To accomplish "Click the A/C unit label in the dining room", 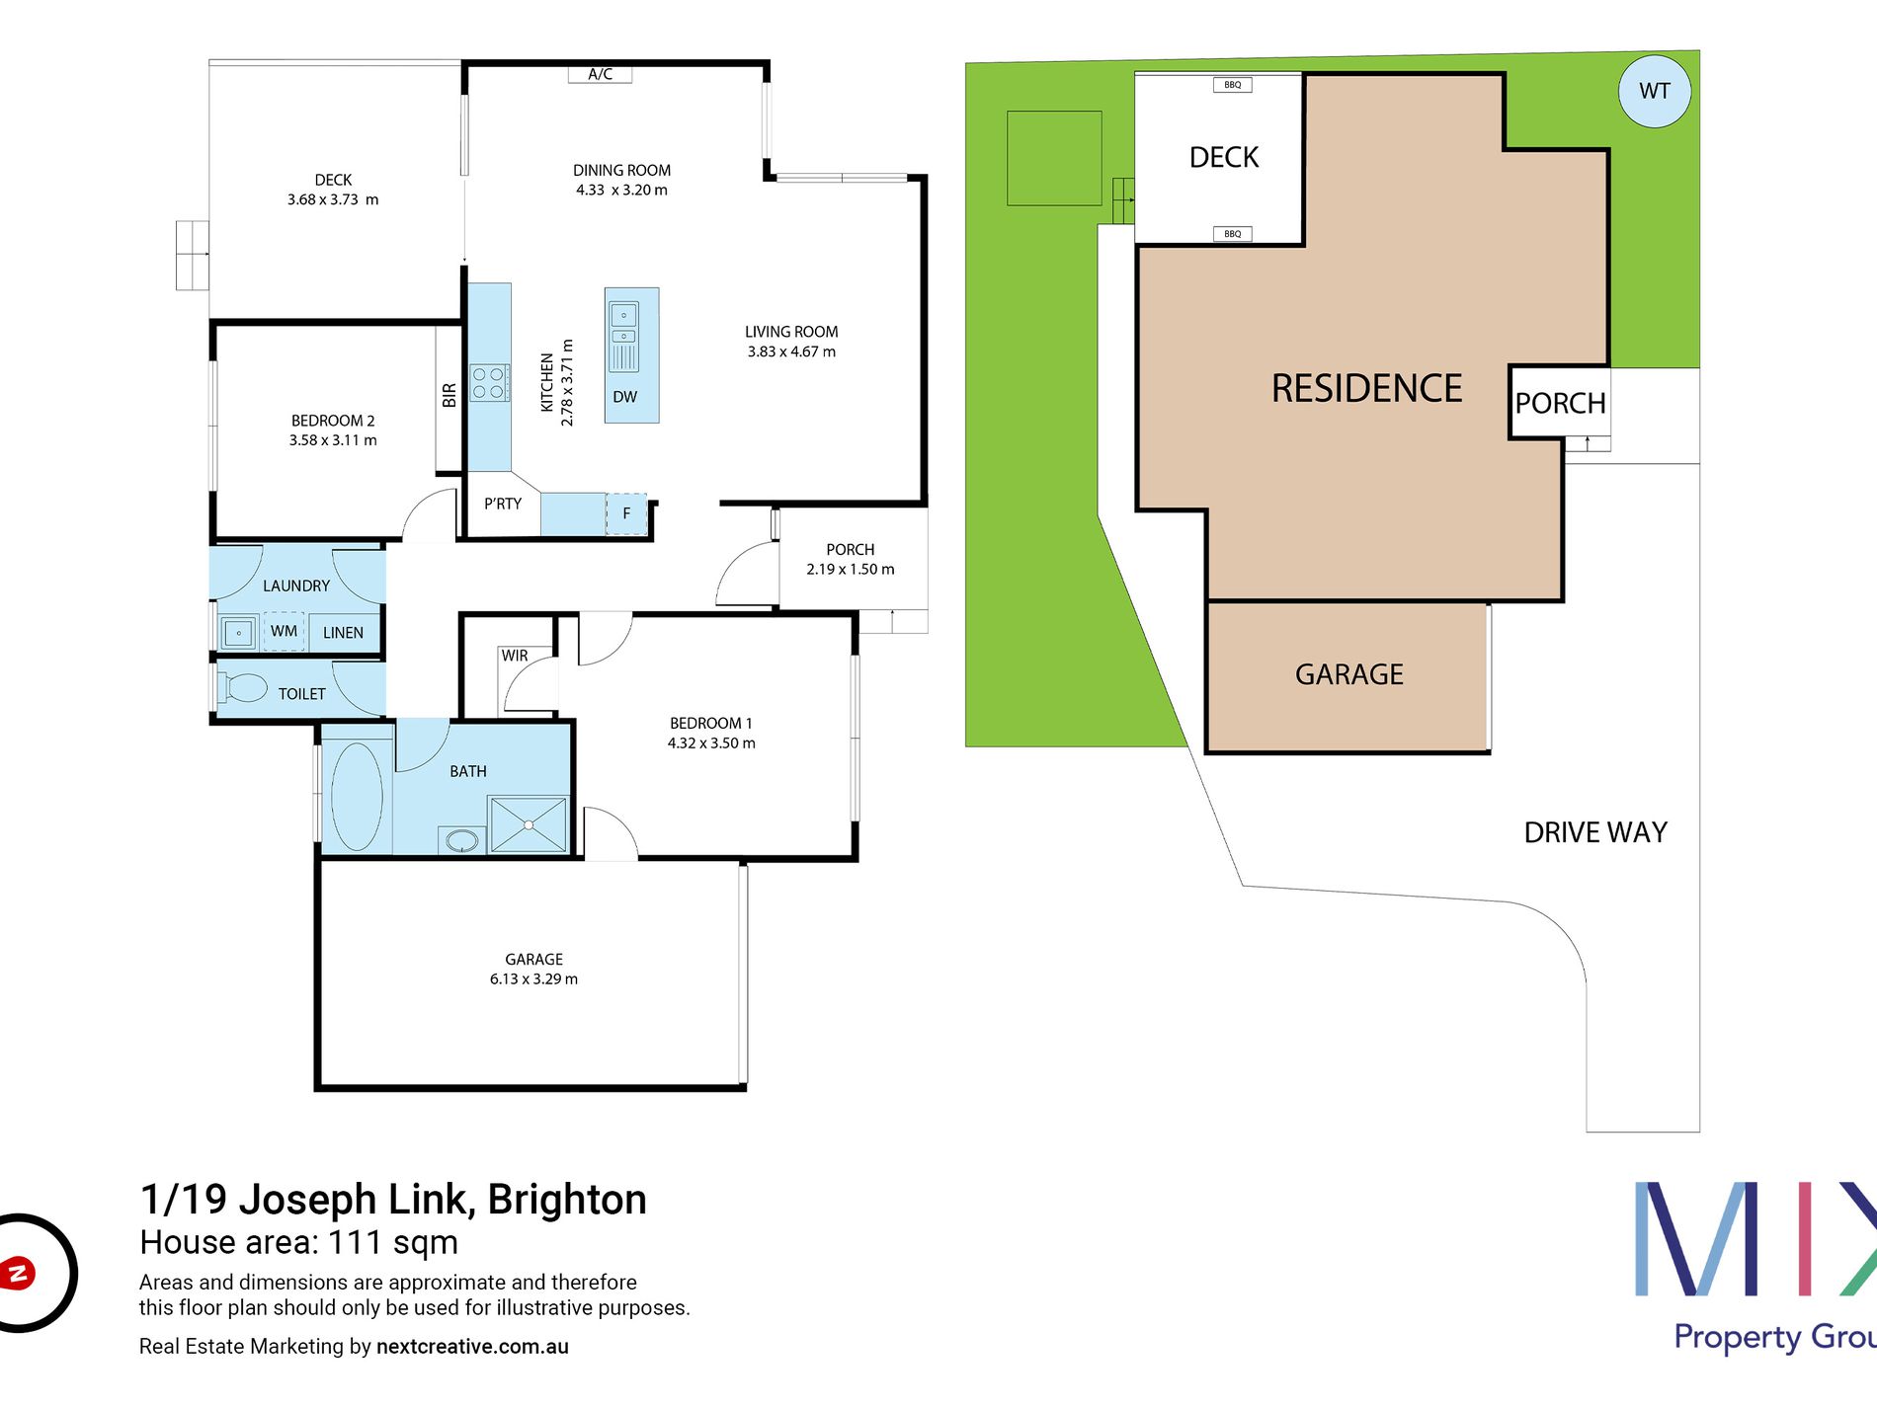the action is pos(600,74).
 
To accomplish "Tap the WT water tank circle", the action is pos(1655,91).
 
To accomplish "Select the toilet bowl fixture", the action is pos(242,687).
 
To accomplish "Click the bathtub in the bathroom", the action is pos(357,796).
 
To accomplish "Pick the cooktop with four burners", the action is pos(489,383).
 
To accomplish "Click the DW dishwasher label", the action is pos(624,397).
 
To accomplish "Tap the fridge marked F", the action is pos(626,513).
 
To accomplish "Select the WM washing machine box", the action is pos(284,631).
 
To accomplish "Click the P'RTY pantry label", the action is pos(502,504).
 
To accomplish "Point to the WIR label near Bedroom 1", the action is pos(514,656).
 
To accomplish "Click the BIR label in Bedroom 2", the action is pos(449,395).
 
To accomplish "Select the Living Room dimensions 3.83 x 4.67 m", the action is pos(791,352).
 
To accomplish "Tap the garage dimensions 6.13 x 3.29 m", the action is pos(533,978).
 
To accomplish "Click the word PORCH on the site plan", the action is pos(1560,403).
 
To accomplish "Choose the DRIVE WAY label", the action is pos(1595,832).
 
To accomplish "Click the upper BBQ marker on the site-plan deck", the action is pos(1233,85).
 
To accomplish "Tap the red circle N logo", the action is pos(18,1273).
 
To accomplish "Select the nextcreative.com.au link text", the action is pos(472,1347).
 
